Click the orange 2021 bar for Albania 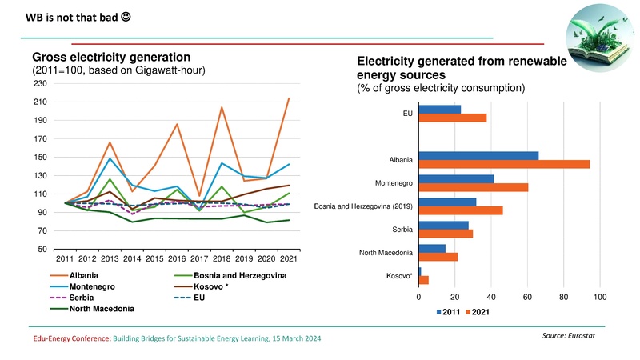pos(504,164)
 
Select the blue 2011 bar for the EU pos(439,109)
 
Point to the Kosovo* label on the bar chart pos(399,276)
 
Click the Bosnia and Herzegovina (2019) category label pos(363,206)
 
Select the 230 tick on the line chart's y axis pos(39,84)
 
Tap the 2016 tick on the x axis pos(154,258)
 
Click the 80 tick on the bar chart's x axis pos(564,297)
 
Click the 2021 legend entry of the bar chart pos(477,312)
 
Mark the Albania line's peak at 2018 pos(221,107)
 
